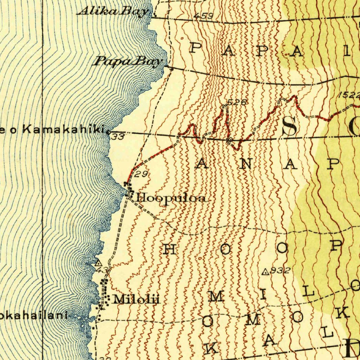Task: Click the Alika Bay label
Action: [114, 12]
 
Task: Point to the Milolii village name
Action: [136, 300]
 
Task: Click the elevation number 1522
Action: [349, 95]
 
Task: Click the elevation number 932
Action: [280, 271]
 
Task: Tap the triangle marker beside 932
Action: [265, 271]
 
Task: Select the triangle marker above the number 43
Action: [98, 263]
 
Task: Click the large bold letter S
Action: [289, 126]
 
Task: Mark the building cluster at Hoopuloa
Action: [128, 189]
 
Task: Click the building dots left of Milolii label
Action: [103, 294]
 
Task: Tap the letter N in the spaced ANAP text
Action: [243, 164]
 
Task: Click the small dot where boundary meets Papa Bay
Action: [172, 69]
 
